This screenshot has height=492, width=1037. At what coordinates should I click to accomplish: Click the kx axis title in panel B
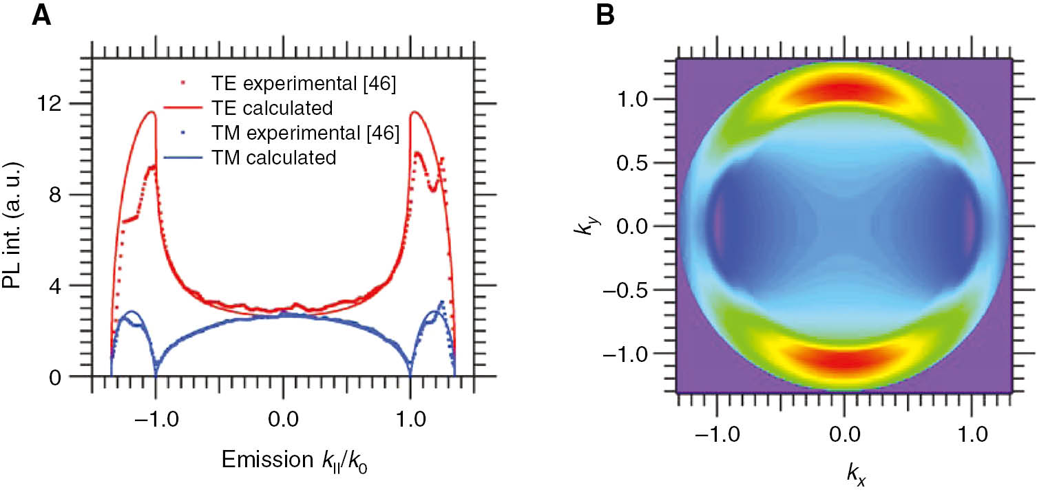[x=844, y=474]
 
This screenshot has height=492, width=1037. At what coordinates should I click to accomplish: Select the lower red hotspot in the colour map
[x=844, y=360]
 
